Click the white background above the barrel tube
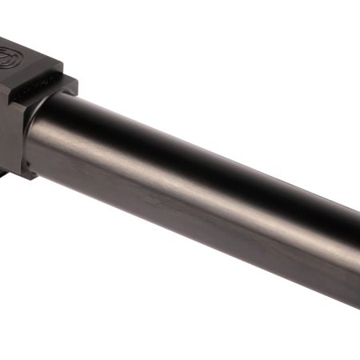[240, 64]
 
